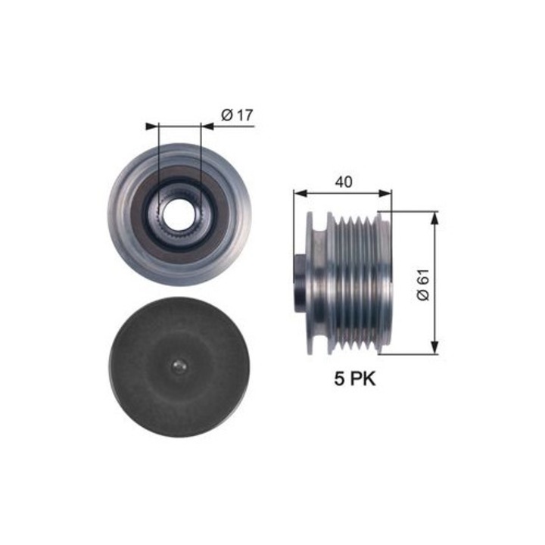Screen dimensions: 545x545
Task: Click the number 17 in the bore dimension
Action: pyautogui.click(x=243, y=115)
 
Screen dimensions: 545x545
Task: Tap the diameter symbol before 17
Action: pyautogui.click(x=227, y=115)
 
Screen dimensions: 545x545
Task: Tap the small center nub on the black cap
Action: pyautogui.click(x=178, y=367)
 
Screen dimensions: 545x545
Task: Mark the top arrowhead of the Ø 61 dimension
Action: pyautogui.click(x=434, y=218)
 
